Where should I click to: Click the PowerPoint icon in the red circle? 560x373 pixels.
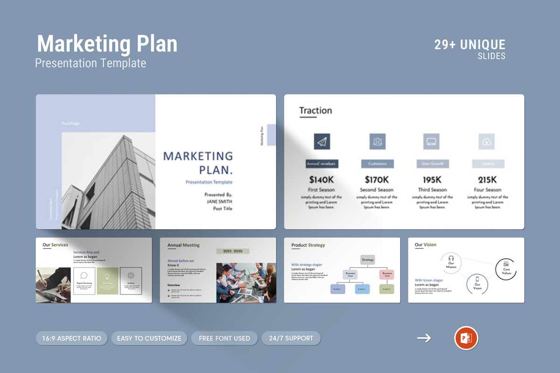pos(466,338)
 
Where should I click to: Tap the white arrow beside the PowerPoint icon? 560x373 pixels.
pos(424,338)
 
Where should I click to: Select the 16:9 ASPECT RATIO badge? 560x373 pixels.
pos(71,338)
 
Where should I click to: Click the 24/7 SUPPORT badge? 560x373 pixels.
pos(291,338)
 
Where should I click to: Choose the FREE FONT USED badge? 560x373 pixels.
pos(224,338)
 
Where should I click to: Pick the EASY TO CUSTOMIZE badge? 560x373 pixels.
pos(149,338)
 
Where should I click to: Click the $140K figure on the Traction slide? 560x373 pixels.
pos(321,180)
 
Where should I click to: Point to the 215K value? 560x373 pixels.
pos(487,180)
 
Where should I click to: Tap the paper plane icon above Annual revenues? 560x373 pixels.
pos(322,141)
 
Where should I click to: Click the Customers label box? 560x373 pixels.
pos(377,164)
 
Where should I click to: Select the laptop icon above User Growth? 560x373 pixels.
pos(432,141)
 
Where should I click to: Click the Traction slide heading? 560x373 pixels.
pos(315,111)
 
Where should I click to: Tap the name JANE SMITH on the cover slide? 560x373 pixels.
pos(219,201)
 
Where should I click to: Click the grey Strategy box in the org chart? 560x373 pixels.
pos(368,260)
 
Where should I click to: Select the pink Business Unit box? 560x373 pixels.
pos(387,275)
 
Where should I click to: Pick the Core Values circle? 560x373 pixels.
pos(506,269)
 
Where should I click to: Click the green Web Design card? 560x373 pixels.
pos(107,281)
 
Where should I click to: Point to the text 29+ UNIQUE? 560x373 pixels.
pos(469,45)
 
